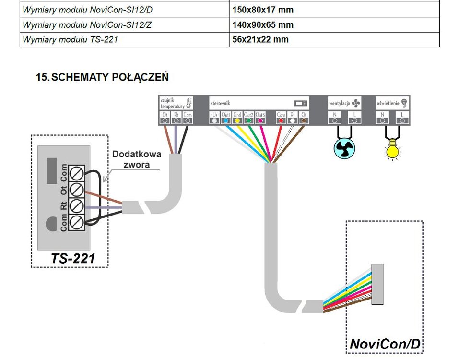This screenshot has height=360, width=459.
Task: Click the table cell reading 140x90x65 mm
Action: pos(262,25)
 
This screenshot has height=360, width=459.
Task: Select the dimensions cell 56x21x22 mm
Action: pos(260,40)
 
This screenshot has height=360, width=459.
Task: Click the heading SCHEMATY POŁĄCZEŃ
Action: pos(102,77)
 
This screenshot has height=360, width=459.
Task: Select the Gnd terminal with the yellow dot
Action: pos(237,118)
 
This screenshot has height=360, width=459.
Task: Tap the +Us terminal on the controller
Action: pos(214,118)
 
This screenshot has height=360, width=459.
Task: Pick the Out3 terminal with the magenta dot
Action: pos(260,118)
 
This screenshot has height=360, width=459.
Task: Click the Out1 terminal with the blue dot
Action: pos(226,118)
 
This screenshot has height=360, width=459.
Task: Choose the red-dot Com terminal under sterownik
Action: pos(281,118)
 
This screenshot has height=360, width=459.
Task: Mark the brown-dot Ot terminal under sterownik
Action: pos(304,118)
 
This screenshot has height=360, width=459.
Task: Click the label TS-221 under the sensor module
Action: pos(73,259)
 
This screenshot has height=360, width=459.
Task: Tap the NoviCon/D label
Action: pos(385,344)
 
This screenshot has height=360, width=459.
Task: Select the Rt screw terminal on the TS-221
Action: pos(78,206)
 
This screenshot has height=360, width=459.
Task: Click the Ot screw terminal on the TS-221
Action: pos(78,189)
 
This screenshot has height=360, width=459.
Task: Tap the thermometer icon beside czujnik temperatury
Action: pos(188,102)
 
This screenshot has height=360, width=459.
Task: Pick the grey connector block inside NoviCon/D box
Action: pos(377,284)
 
